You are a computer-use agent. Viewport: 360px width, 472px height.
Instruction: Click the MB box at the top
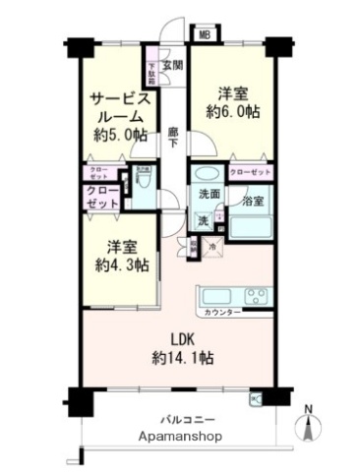click(204, 36)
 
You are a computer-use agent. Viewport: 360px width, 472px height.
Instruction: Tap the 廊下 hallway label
click(172, 137)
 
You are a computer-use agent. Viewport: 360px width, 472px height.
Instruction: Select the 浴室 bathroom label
click(253, 201)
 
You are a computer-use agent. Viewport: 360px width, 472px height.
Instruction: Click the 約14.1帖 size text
click(180, 357)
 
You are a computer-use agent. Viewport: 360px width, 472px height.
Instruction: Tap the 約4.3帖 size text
click(116, 265)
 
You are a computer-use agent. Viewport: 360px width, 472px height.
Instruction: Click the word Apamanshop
click(180, 436)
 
